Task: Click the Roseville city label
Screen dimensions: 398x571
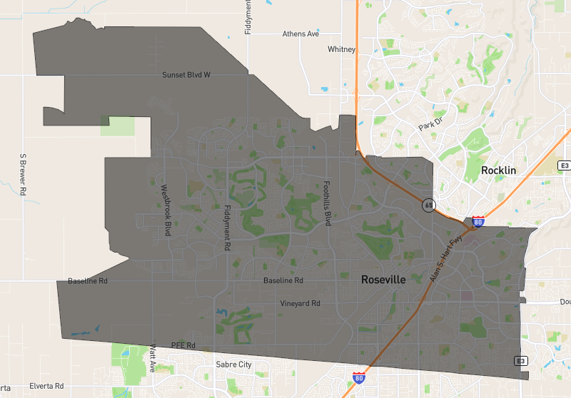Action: (383, 280)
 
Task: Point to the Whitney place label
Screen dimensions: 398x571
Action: (341, 49)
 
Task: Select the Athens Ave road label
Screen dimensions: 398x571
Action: (300, 34)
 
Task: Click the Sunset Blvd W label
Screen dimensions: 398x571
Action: (186, 74)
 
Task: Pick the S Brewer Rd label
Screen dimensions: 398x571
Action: (23, 175)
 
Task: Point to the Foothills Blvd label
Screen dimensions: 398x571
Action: (328, 203)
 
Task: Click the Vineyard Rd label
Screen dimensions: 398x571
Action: (300, 303)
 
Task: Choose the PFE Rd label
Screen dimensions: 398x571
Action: (183, 345)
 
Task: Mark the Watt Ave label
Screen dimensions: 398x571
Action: (153, 357)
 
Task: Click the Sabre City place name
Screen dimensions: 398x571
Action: (233, 364)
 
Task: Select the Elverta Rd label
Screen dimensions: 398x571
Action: (47, 386)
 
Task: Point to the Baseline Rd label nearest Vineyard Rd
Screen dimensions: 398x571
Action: (283, 280)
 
